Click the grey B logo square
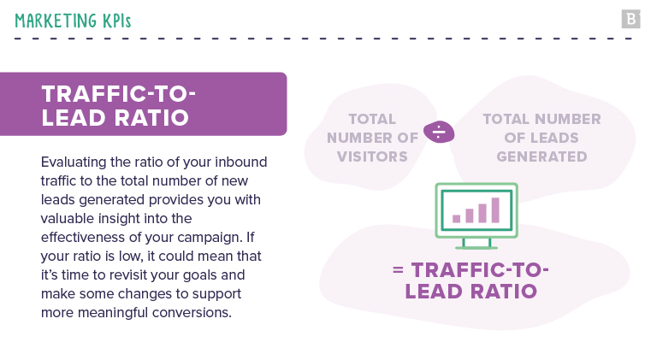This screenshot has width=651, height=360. point(631,19)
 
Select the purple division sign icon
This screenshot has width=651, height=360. point(438,133)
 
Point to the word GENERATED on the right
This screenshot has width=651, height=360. point(542,156)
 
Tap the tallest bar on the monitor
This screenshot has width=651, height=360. point(494,209)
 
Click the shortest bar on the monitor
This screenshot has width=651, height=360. point(457,218)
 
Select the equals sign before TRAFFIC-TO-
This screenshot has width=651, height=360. point(398,270)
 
